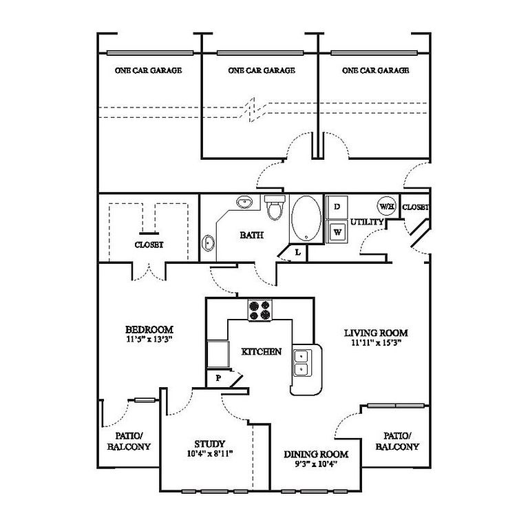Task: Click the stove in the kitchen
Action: point(260,310)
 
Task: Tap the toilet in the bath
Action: point(275,207)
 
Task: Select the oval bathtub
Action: point(306,218)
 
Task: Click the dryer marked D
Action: point(337,207)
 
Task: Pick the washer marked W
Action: point(337,231)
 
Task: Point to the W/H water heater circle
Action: point(386,206)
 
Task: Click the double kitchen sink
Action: point(301,363)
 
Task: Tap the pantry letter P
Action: point(218,378)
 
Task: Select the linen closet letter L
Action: point(297,252)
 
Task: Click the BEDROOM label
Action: point(149,330)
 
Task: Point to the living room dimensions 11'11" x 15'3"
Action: point(376,343)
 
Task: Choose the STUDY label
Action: point(210,444)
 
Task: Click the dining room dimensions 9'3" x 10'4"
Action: point(316,464)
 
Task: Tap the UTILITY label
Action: point(367,222)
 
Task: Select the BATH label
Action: point(251,235)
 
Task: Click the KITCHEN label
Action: point(262,351)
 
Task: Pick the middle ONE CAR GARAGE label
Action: point(262,70)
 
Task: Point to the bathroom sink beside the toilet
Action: point(244,202)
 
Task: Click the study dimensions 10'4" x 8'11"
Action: point(210,454)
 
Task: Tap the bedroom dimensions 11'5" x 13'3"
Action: point(149,339)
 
